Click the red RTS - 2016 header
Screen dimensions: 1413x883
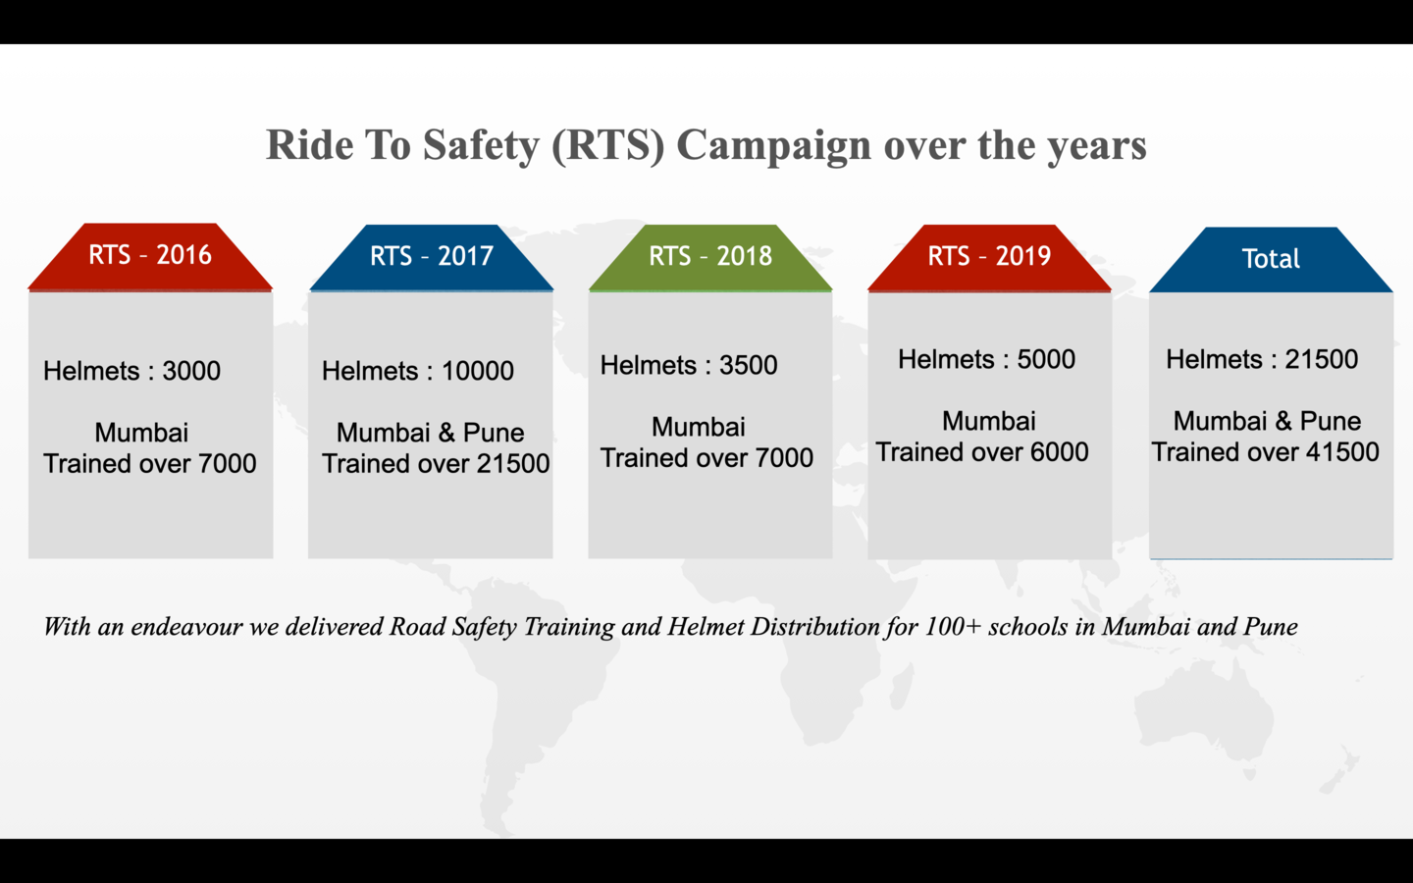pyautogui.click(x=150, y=257)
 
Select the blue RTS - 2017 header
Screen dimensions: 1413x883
pyautogui.click(x=432, y=257)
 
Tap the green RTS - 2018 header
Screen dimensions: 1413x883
pyautogui.click(x=710, y=257)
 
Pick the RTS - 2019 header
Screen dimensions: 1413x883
pyautogui.click(x=989, y=257)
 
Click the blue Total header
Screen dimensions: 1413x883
pyautogui.click(x=1271, y=259)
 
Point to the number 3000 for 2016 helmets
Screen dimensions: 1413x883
pyautogui.click(x=191, y=371)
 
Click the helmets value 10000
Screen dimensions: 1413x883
pyautogui.click(x=478, y=371)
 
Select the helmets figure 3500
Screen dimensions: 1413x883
pyautogui.click(x=748, y=365)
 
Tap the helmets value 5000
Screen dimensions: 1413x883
pyautogui.click(x=1046, y=359)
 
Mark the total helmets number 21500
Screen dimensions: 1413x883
pyautogui.click(x=1322, y=359)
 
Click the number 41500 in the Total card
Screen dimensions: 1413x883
pyautogui.click(x=1342, y=452)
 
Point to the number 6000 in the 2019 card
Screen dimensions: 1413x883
pyautogui.click(x=1059, y=452)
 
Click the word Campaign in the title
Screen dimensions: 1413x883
pyautogui.click(x=774, y=146)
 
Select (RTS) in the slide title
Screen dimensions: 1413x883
pyautogui.click(x=608, y=146)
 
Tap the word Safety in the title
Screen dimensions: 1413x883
pyautogui.click(x=481, y=146)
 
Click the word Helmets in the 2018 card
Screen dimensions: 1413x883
pyautogui.click(x=648, y=365)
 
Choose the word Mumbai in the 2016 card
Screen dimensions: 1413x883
pyautogui.click(x=141, y=433)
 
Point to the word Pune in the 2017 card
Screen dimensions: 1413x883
pyautogui.click(x=494, y=433)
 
